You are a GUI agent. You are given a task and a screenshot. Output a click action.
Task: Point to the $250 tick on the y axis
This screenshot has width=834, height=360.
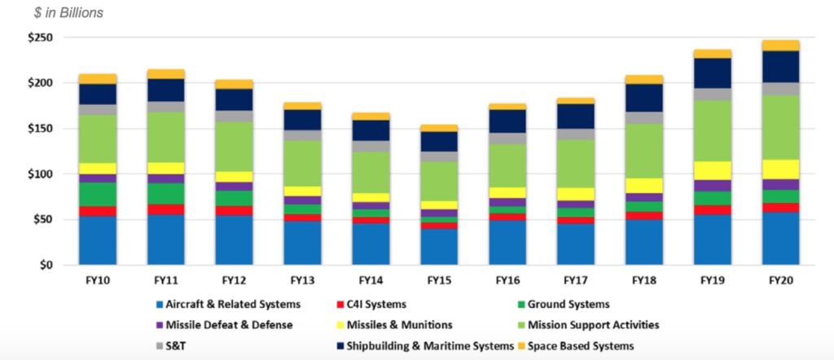pyautogui.click(x=38, y=37)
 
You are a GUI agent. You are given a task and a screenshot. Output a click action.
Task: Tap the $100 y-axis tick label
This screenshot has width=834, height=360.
pyautogui.click(x=38, y=174)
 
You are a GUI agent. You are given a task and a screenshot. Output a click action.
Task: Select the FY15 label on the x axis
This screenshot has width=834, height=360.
pyautogui.click(x=439, y=280)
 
